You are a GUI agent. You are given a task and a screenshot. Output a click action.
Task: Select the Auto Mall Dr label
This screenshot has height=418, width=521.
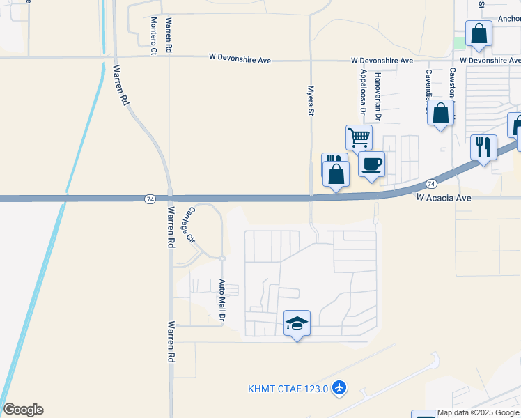222,300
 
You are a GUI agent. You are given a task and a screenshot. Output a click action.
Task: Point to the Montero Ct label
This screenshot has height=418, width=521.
154,36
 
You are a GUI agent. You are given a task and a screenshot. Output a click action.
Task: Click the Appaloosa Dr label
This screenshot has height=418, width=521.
363,91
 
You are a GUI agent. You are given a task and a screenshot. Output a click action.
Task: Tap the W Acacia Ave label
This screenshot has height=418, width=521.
444,198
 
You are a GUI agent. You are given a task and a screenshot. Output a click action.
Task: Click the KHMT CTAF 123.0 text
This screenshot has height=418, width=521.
288,389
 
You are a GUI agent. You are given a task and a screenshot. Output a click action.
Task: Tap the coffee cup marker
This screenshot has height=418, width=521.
371,164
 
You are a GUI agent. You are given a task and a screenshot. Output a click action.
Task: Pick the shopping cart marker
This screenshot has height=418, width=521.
359,137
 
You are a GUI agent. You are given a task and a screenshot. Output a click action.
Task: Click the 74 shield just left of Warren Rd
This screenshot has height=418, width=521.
150,199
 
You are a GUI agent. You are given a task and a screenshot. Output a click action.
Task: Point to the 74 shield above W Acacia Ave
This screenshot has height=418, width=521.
431,183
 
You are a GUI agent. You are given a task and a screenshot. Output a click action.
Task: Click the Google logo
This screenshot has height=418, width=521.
23,410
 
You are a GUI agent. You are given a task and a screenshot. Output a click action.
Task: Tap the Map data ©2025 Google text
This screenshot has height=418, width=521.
479,412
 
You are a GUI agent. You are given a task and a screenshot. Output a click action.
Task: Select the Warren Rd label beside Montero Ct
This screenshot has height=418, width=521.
169,36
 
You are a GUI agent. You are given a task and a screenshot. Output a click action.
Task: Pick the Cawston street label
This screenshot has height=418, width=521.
452,84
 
